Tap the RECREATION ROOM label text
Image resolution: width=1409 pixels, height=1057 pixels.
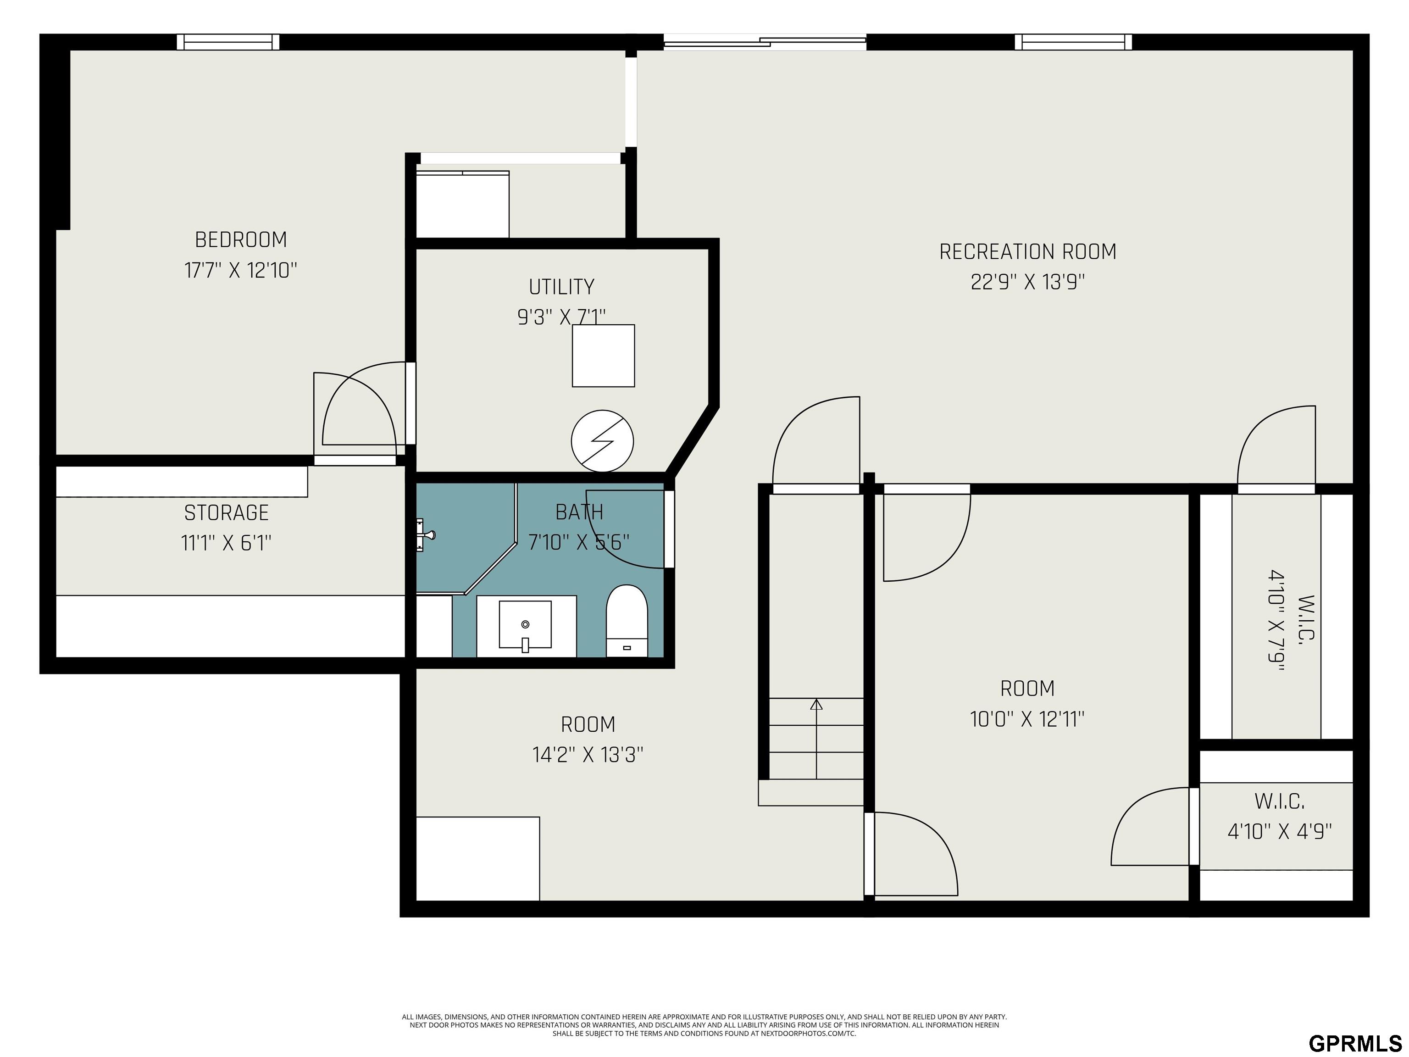pos(1027,252)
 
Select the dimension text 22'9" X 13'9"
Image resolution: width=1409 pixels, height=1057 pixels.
pos(1027,282)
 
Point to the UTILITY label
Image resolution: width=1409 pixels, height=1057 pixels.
pos(561,287)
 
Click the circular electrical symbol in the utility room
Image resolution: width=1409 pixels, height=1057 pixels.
pos(602,441)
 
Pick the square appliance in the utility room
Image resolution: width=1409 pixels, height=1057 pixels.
pos(603,356)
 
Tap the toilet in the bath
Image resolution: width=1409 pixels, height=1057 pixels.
pos(627,621)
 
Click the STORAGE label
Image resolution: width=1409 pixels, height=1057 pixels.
pos(226,513)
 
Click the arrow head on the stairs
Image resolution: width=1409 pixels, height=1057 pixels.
pos(816,704)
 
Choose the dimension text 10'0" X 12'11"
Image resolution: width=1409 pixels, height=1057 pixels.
pos(1027,719)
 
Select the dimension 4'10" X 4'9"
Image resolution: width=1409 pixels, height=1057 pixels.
pos(1280,831)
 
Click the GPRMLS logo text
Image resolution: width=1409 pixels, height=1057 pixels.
pos(1355,1043)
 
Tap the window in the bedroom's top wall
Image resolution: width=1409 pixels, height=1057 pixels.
pos(228,42)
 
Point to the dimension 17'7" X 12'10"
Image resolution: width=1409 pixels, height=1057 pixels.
pos(241,270)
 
